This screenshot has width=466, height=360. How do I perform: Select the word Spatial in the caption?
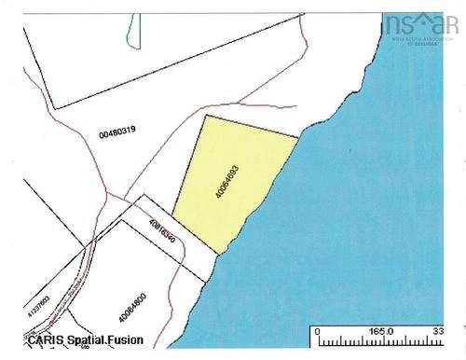87,340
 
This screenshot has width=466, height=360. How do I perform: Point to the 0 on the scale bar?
319,330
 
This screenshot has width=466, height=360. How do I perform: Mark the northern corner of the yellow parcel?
204,116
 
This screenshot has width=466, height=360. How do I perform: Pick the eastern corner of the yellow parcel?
298,138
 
